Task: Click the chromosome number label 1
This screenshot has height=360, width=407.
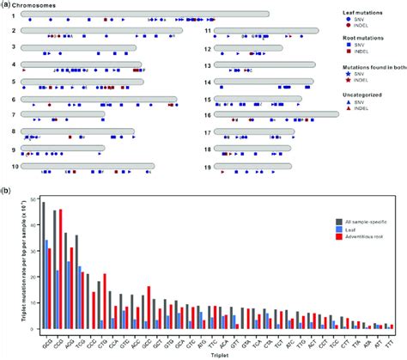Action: pyautogui.click(x=14, y=15)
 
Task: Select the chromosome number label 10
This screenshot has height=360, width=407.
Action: pyautogui.click(x=14, y=167)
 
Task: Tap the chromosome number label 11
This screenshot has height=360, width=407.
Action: pyautogui.click(x=208, y=32)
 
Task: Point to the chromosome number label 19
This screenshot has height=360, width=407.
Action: pyautogui.click(x=208, y=167)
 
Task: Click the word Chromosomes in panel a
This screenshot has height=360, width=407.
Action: pyautogui.click(x=46, y=6)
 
